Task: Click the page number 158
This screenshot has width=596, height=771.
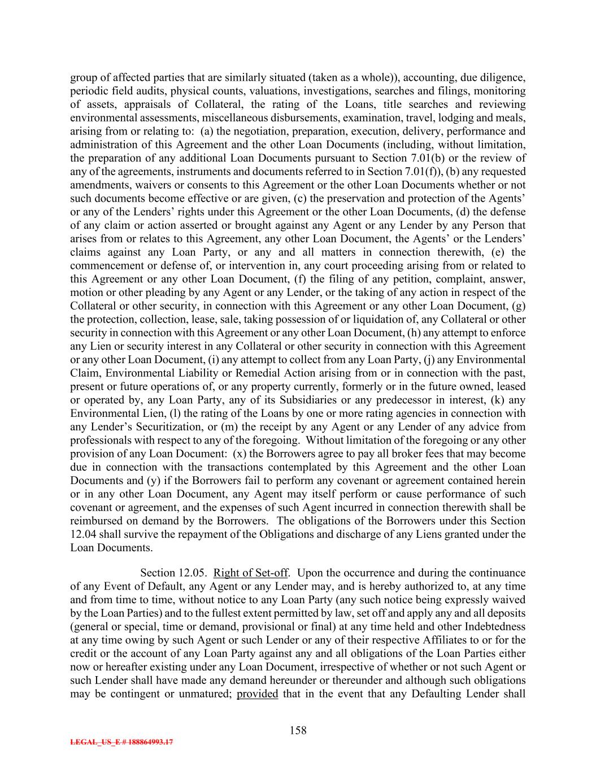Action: [298, 730]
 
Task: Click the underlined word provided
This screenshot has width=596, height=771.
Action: [257, 694]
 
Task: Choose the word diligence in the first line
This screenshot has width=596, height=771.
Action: [502, 77]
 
